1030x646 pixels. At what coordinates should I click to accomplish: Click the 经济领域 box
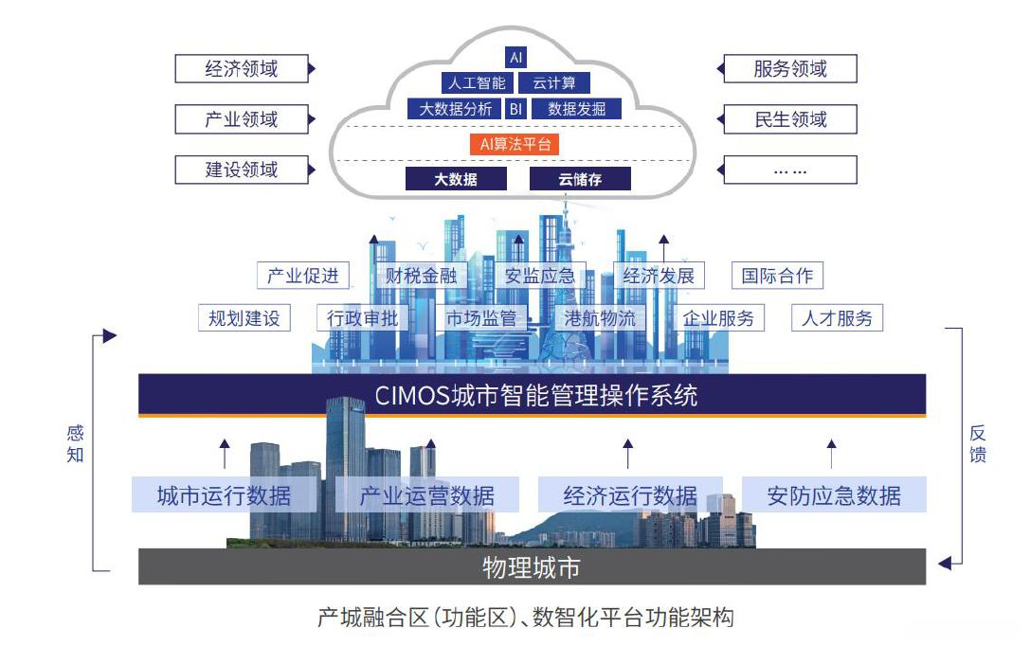242,69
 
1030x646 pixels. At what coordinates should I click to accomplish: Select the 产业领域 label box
242,119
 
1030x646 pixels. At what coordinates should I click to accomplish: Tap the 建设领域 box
242,170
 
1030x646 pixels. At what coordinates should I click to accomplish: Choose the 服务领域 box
790,69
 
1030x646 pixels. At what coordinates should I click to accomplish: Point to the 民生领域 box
790,119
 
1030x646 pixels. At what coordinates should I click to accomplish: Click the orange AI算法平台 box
515,144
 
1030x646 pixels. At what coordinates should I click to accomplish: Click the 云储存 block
580,179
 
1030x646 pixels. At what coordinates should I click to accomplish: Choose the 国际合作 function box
777,276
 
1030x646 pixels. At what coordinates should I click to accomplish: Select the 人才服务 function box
837,318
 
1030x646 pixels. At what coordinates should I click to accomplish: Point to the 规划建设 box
244,318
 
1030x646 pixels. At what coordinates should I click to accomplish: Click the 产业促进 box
303,276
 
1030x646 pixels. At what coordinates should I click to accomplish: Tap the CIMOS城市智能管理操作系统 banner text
536,394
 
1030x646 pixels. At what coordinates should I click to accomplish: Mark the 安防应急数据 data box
833,494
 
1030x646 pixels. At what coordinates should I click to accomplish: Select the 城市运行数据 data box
224,494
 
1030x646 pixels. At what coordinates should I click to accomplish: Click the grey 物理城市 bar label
531,567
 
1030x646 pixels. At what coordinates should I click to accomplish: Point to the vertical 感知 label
75,443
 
